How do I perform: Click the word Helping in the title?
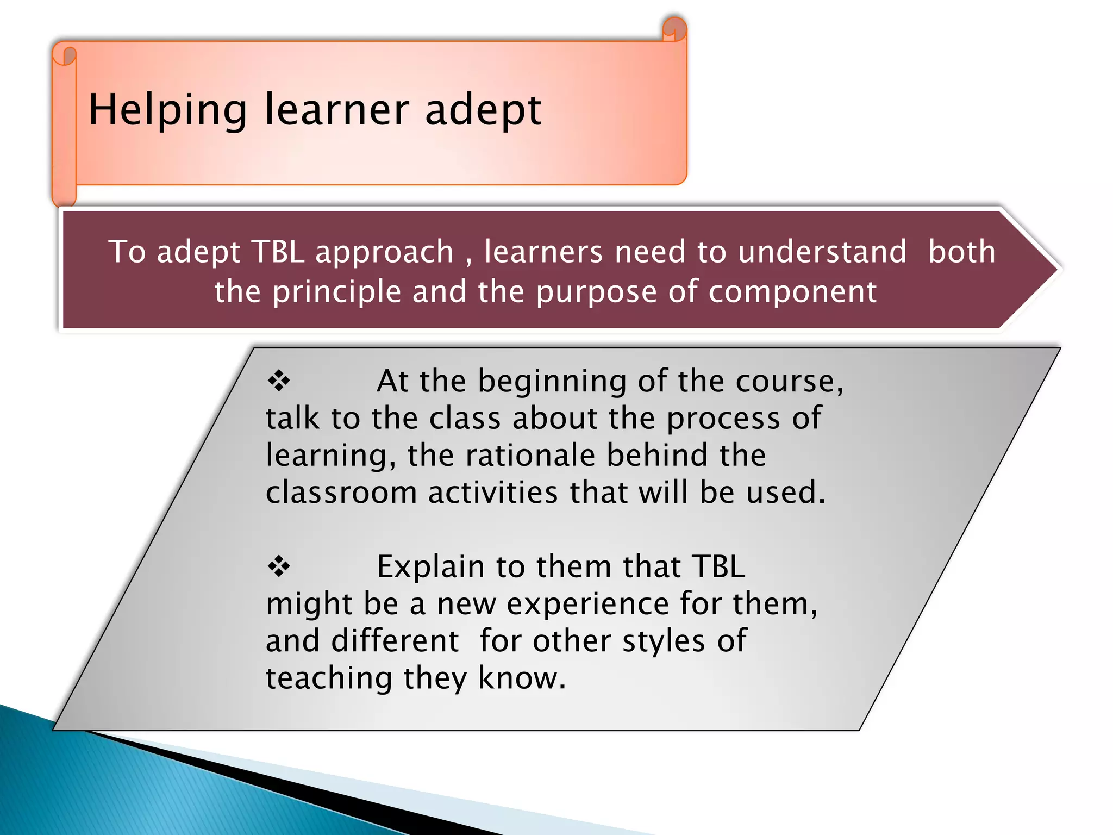point(167,110)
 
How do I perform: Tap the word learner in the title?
point(336,109)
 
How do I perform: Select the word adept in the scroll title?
point(483,110)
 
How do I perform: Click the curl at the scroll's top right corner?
point(674,29)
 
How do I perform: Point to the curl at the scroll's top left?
point(65,55)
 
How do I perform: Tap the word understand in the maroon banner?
point(822,252)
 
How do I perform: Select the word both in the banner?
point(961,252)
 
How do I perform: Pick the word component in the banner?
point(792,292)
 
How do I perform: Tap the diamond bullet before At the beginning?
point(279,381)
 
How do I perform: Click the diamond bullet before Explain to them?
point(279,566)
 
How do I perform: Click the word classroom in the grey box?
point(341,492)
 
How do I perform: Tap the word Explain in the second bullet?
point(430,567)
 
